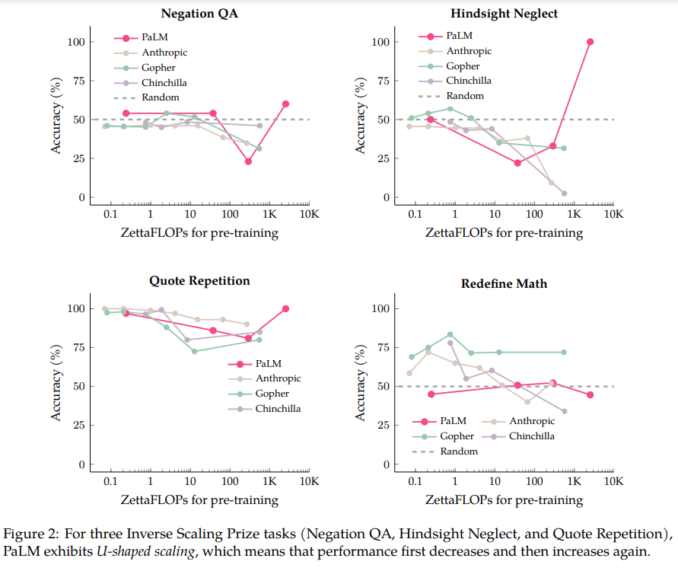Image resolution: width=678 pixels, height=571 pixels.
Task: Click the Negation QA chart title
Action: point(199,14)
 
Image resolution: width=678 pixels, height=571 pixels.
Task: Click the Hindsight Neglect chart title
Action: point(503,14)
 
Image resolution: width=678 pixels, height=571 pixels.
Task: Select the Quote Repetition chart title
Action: point(199,281)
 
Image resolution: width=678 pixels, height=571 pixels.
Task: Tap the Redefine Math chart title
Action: point(503,283)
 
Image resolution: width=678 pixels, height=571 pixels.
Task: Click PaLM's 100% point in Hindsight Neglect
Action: point(590,42)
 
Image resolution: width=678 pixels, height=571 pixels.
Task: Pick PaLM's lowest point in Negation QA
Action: point(248,161)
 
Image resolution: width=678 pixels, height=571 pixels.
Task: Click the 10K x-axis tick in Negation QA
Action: point(309,215)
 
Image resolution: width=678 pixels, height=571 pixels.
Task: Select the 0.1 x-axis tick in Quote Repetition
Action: point(110,482)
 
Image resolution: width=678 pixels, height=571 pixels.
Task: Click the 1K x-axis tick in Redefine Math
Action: point(574,482)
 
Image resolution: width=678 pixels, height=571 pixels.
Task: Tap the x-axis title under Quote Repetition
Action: point(199,500)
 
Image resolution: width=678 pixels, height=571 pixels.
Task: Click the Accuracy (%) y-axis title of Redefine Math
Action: point(361,387)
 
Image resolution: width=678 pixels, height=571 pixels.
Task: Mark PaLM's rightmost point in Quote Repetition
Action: point(285,308)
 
